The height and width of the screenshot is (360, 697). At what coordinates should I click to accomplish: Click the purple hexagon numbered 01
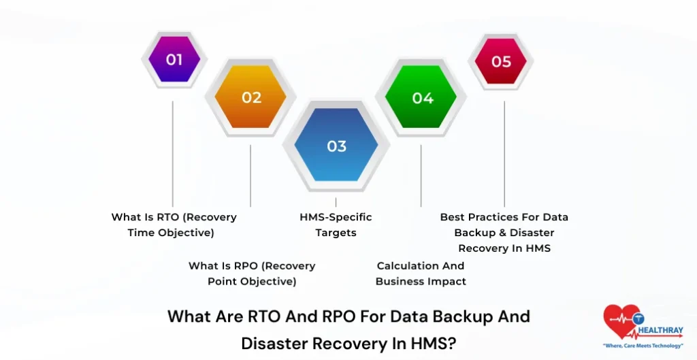[174, 60]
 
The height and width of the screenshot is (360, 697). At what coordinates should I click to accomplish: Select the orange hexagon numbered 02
[251, 97]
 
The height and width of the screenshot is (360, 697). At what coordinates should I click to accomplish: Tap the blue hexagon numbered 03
[336, 146]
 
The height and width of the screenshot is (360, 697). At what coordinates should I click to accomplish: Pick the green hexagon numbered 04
[422, 97]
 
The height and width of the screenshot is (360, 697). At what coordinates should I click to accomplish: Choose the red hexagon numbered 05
[501, 61]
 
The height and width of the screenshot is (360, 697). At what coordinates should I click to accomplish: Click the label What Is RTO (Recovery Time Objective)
[174, 225]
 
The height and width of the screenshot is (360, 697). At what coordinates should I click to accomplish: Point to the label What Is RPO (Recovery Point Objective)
[251, 273]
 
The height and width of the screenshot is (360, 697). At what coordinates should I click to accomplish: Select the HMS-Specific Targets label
[336, 225]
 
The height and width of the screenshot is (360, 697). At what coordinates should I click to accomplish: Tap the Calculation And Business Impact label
[421, 273]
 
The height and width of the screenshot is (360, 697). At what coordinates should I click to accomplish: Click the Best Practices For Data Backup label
[504, 233]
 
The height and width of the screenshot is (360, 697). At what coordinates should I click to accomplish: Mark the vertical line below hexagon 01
[172, 153]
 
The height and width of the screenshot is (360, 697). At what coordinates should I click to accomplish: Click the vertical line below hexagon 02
[250, 176]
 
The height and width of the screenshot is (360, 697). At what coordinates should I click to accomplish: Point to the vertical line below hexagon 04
[421, 176]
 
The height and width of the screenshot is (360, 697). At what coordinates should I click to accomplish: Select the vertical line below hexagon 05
[504, 153]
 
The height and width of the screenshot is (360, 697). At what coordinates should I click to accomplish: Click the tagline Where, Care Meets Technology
[643, 346]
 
